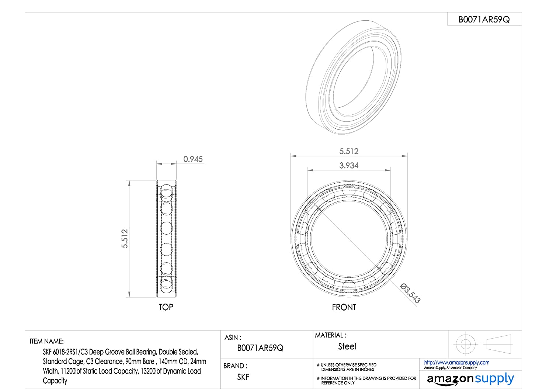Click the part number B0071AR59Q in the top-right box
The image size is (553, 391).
(x=484, y=19)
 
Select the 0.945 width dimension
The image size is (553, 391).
(x=193, y=159)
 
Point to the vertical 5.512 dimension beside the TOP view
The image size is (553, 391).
(x=125, y=238)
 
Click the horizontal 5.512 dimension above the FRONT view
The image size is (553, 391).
(x=349, y=151)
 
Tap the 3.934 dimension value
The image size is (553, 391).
(x=349, y=166)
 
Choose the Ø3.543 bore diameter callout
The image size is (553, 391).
(x=410, y=293)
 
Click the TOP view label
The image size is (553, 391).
(x=166, y=307)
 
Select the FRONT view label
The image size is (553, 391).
(x=344, y=307)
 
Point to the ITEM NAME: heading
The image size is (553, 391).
(x=47, y=341)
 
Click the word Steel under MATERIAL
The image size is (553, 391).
(x=347, y=346)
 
